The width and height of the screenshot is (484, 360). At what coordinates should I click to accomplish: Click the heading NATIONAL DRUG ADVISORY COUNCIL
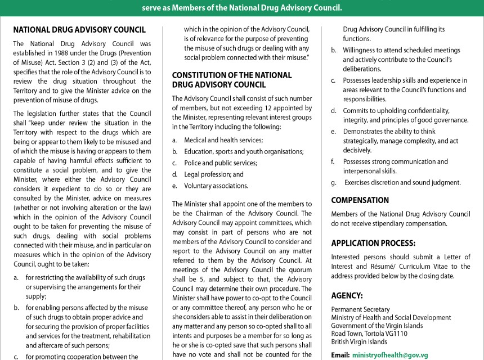(x=79, y=30)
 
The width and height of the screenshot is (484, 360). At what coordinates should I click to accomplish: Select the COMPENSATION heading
(x=360, y=200)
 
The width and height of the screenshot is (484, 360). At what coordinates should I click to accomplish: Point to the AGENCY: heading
(x=347, y=295)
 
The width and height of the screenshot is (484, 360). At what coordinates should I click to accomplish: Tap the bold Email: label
(x=340, y=355)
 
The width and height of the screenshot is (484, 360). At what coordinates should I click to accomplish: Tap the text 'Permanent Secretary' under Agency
(x=360, y=309)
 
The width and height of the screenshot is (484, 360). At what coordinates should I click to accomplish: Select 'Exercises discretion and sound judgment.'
(x=402, y=182)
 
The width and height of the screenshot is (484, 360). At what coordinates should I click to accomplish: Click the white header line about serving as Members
(x=242, y=7)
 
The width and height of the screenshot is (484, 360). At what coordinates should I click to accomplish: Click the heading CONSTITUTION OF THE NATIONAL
(x=232, y=75)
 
